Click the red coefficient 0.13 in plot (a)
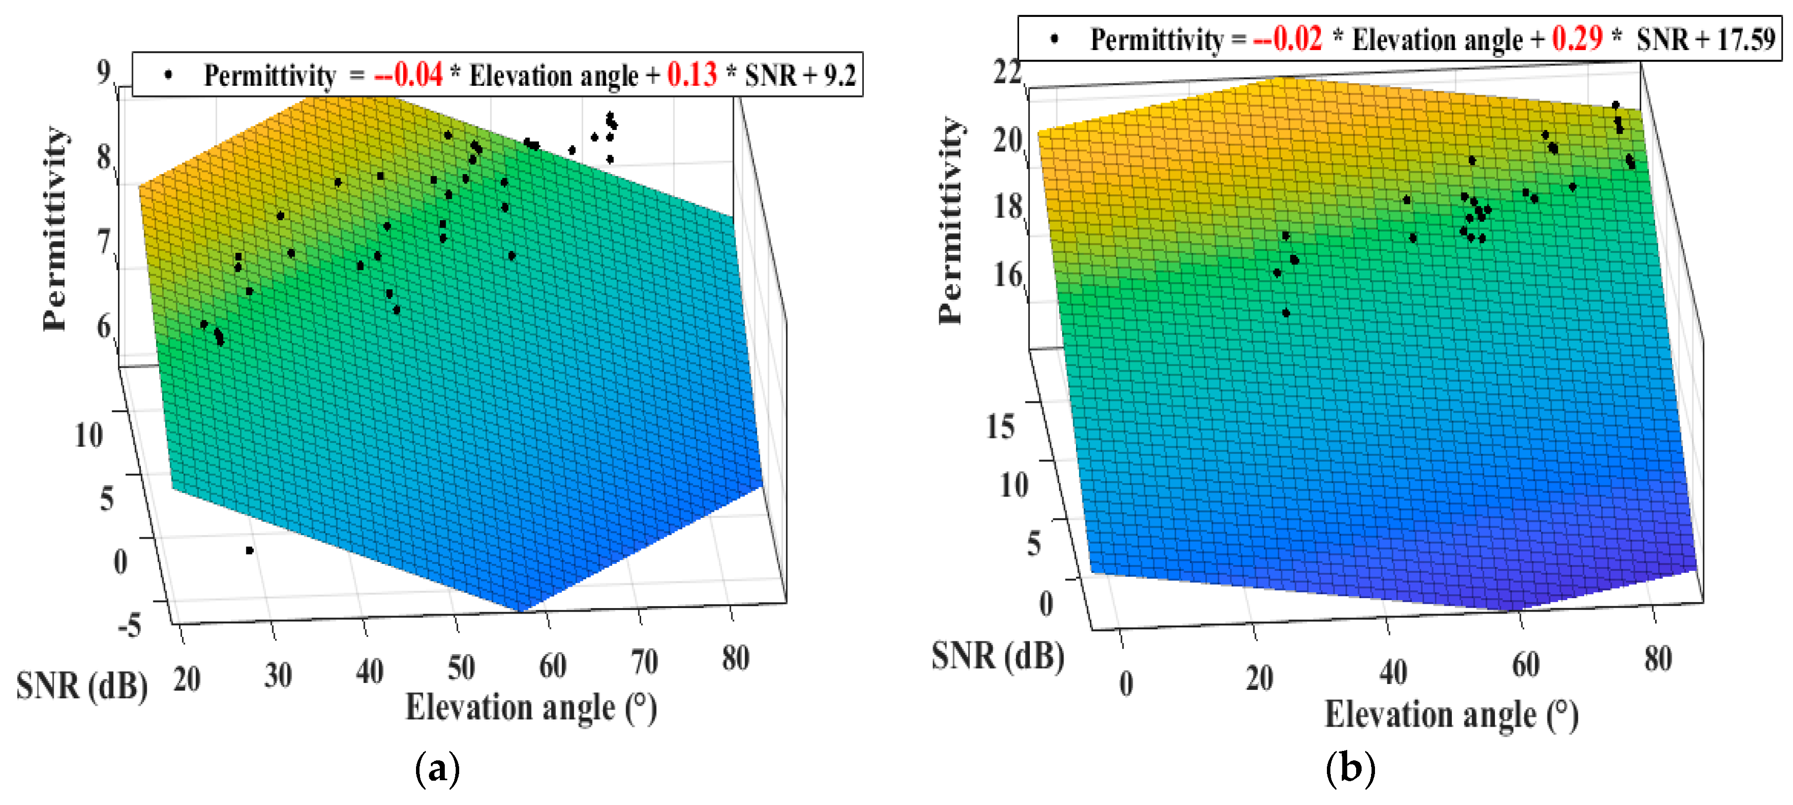(x=691, y=74)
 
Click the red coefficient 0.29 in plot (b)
(x=1576, y=38)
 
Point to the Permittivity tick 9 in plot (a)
(x=104, y=72)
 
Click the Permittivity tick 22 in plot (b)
(x=1007, y=72)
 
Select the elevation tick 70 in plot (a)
(x=644, y=662)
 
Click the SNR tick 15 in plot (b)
(x=1000, y=426)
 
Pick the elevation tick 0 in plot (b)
(x=1126, y=684)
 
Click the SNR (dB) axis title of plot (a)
(x=81, y=686)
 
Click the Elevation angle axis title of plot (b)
(x=1451, y=715)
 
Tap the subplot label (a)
(x=437, y=769)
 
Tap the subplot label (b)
(x=1350, y=769)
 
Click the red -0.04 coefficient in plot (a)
(x=408, y=74)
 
